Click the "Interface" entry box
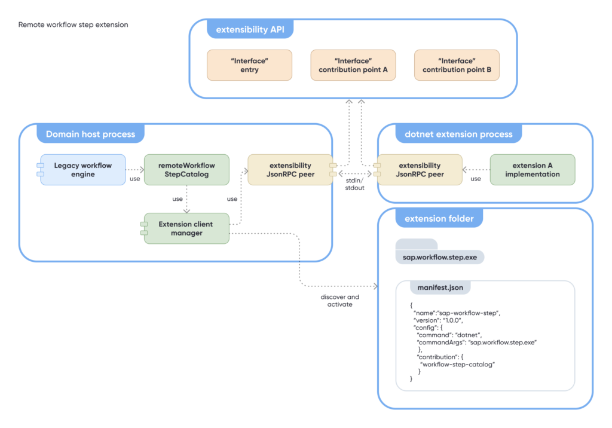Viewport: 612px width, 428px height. tap(249, 65)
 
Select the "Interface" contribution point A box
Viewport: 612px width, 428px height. tap(353, 65)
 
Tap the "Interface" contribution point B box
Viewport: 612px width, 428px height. tap(457, 65)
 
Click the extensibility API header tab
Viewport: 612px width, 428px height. tap(250, 29)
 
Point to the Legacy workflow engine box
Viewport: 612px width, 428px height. tap(82, 170)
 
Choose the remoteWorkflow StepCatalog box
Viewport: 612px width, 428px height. tap(186, 170)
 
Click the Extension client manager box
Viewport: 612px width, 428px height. tap(186, 228)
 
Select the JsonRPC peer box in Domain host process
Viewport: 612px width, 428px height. tap(290, 170)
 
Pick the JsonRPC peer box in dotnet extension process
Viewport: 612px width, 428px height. tap(420, 170)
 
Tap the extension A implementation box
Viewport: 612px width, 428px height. tap(533, 170)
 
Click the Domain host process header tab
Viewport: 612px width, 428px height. tap(91, 134)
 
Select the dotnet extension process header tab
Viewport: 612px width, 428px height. tap(458, 134)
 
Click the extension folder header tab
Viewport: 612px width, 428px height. tap(439, 218)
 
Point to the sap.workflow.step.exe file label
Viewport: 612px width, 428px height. tap(440, 258)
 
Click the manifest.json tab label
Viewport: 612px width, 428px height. tap(440, 288)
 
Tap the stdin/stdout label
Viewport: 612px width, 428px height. tap(355, 184)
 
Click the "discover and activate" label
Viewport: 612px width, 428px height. tap(340, 301)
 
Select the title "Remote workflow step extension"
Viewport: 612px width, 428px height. tap(74, 25)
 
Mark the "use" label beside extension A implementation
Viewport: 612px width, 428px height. tap(476, 179)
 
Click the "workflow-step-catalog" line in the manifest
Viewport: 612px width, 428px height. tap(457, 365)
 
